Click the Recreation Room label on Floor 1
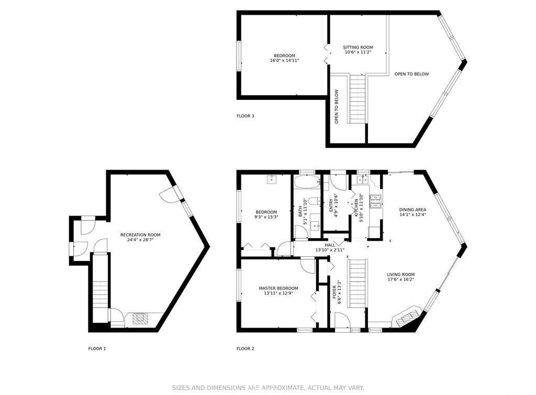pos(140,235)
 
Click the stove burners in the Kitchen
pos(375,201)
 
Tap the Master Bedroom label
pos(278,288)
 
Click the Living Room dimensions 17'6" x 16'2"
pos(400,279)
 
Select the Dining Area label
pos(412,210)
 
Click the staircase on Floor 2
pos(358,284)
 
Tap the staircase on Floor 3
pos(358,99)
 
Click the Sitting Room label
pos(358,48)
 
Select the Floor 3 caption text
pos(245,116)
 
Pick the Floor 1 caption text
pos(97,348)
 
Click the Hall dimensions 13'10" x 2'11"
pos(330,250)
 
